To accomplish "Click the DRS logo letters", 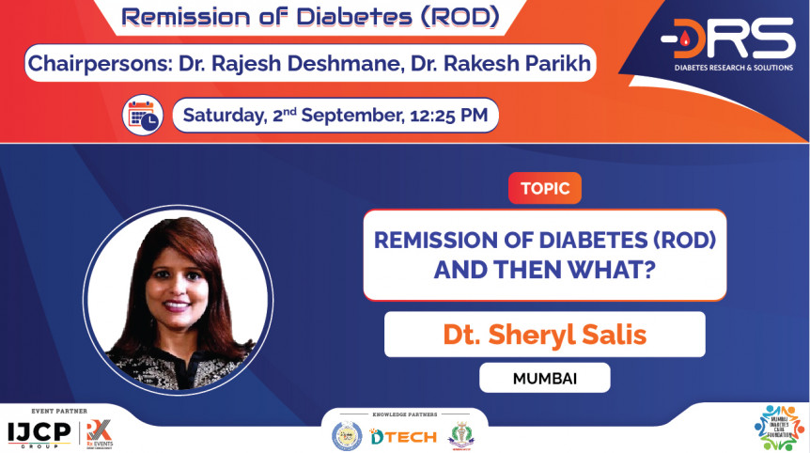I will pos(727,38).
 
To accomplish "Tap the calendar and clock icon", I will pos(144,115).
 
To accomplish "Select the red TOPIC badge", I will pos(545,188).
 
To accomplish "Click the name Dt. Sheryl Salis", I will pos(544,336).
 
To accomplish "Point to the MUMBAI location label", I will pos(544,379).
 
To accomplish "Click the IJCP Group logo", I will pos(40,433).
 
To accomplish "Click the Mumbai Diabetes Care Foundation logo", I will pos(779,428).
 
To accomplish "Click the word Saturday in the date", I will pos(222,116).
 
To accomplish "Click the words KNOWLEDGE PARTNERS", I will pos(405,414).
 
